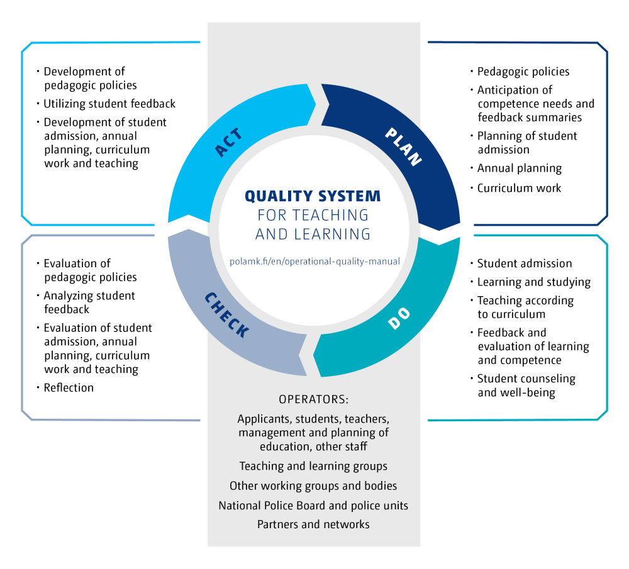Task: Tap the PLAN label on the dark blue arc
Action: point(403,146)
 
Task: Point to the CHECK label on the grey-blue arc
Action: point(227,314)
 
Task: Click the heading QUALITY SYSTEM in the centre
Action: point(313,196)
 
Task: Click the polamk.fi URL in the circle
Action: point(314,261)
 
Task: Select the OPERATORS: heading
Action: point(313,399)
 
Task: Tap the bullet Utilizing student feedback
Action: point(109,103)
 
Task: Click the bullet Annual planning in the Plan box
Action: point(519,168)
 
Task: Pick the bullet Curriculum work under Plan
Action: point(519,188)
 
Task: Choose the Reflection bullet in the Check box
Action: point(69,388)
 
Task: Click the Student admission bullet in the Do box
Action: point(524,263)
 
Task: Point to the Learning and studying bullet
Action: point(533,282)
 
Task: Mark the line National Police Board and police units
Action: point(313,505)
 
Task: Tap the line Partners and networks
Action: point(313,524)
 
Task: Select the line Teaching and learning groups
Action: point(313,467)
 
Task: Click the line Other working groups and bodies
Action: point(313,486)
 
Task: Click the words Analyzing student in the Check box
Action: point(89,296)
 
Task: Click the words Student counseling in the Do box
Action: point(526,379)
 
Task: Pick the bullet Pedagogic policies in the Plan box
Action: point(523,72)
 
